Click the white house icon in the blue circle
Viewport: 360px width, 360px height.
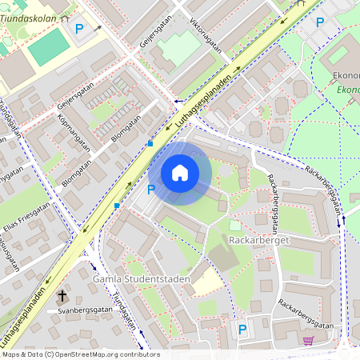180,173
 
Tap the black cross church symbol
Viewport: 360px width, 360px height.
62,295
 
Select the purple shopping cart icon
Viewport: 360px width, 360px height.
308,341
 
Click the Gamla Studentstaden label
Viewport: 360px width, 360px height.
130,278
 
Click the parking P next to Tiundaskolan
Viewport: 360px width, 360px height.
79,29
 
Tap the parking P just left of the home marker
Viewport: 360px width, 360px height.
151,190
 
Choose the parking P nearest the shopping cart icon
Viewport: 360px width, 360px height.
242,328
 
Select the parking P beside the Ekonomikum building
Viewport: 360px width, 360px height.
320,23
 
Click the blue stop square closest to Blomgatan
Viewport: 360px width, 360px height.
150,144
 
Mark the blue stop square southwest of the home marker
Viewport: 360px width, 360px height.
117,206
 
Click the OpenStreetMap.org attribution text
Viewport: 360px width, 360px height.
80,354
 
